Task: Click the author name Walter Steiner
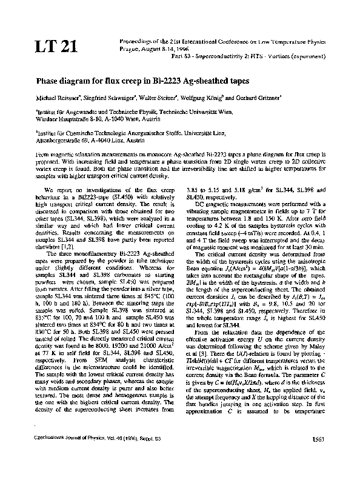pos(168,98)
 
